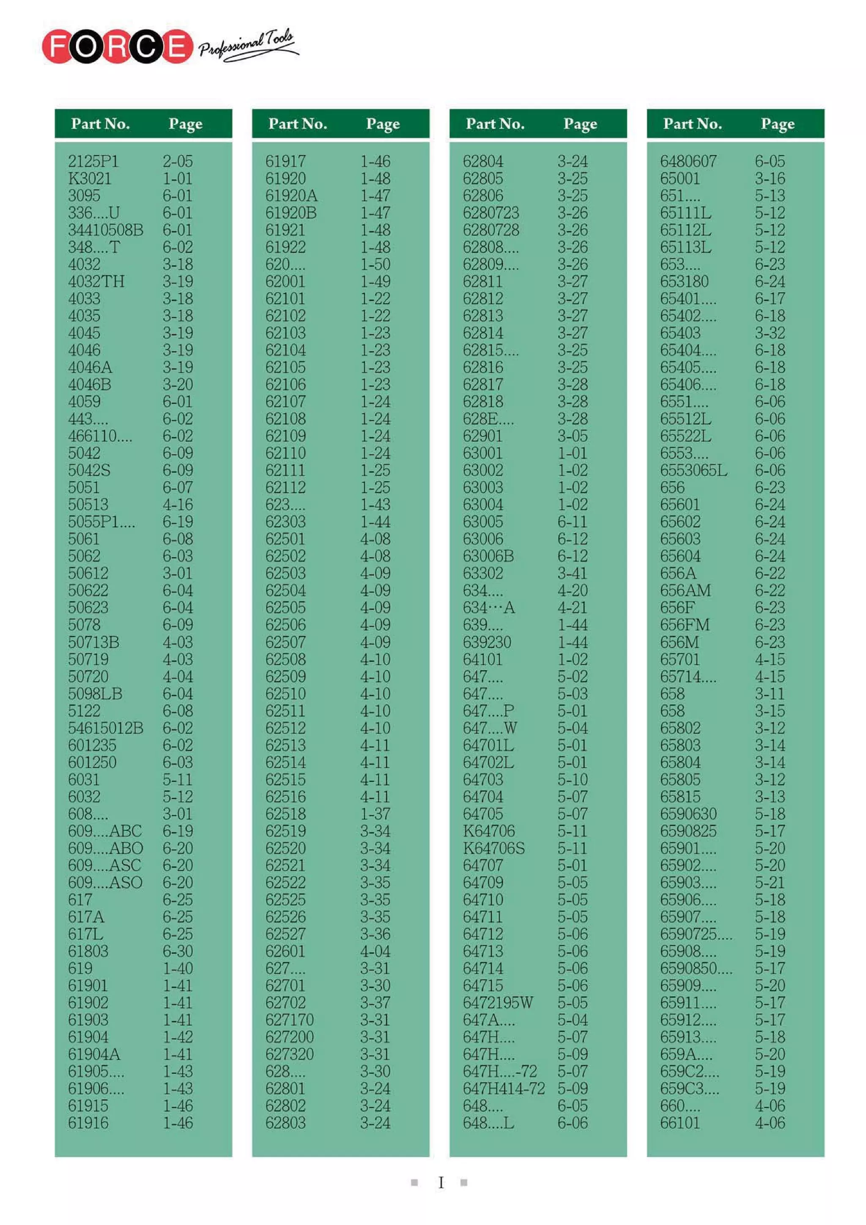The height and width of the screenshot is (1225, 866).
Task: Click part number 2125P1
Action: [93, 161]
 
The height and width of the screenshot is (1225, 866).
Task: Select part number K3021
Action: [89, 178]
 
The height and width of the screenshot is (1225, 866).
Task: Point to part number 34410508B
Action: [106, 230]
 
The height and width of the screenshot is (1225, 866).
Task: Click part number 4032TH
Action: [96, 281]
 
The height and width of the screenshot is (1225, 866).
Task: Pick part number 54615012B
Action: [106, 728]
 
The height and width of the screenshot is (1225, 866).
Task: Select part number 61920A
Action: [291, 196]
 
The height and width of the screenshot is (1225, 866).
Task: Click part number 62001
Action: [285, 281]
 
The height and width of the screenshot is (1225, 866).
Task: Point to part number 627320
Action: [289, 1054]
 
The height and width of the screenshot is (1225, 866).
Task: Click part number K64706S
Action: [493, 848]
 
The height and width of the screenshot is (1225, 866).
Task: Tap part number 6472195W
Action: [497, 1003]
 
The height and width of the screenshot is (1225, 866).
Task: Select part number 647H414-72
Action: [503, 1088]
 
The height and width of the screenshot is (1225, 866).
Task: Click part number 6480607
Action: [688, 161]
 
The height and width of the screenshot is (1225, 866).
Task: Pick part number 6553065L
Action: [693, 470]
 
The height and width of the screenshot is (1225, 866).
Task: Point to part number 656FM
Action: [685, 625]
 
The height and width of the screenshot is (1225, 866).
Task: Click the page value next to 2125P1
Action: [178, 161]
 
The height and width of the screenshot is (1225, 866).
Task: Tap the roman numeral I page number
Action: [441, 1183]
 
